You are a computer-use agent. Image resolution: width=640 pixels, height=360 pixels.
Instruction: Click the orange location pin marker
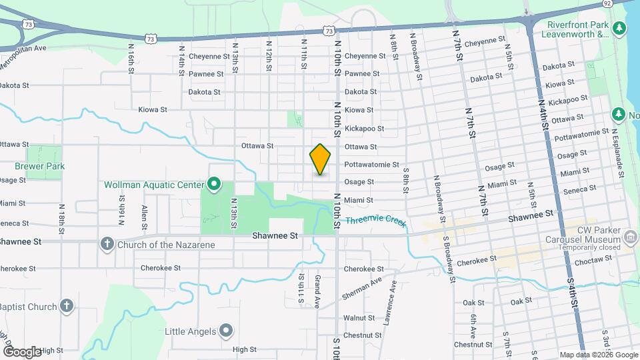point(320,159)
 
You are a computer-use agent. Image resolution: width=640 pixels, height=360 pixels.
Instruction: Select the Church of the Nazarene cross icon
point(107,244)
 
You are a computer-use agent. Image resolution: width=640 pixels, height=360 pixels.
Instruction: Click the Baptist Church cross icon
point(66,307)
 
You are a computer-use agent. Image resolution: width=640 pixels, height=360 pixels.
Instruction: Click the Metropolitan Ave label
point(23,49)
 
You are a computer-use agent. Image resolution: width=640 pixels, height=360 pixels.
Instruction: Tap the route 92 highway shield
point(607,3)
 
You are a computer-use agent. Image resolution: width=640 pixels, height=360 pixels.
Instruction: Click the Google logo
point(22,351)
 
